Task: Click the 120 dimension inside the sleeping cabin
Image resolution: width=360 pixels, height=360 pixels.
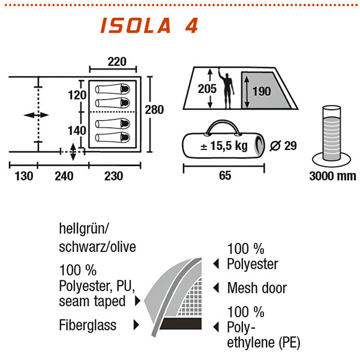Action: point(77,95)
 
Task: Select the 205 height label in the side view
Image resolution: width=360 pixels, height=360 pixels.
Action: point(208,89)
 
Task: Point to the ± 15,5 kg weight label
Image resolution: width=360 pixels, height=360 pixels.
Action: point(225,146)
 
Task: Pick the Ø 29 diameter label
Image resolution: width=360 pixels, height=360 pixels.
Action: point(284,145)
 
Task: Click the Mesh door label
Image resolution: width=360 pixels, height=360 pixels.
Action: point(257,289)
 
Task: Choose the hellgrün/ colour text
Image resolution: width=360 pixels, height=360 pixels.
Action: point(85,229)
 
